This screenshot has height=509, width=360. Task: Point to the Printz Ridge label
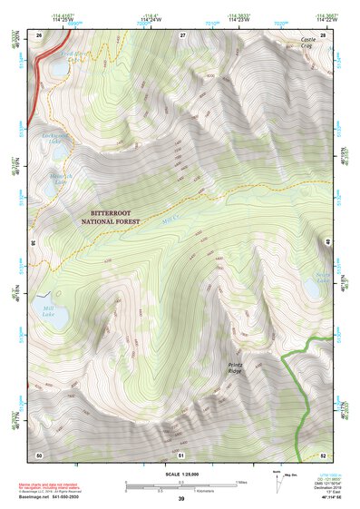(x=235, y=369)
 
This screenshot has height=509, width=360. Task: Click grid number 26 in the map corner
(x=39, y=34)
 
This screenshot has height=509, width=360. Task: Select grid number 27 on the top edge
(x=182, y=34)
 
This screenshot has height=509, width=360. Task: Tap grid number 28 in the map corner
(x=323, y=34)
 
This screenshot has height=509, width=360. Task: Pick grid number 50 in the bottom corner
(x=39, y=454)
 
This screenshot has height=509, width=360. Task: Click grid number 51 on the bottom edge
(x=181, y=454)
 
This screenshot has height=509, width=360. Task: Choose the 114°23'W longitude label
(x=239, y=18)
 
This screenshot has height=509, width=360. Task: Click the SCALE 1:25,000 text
(x=180, y=474)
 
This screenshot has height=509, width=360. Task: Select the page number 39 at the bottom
(x=180, y=499)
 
